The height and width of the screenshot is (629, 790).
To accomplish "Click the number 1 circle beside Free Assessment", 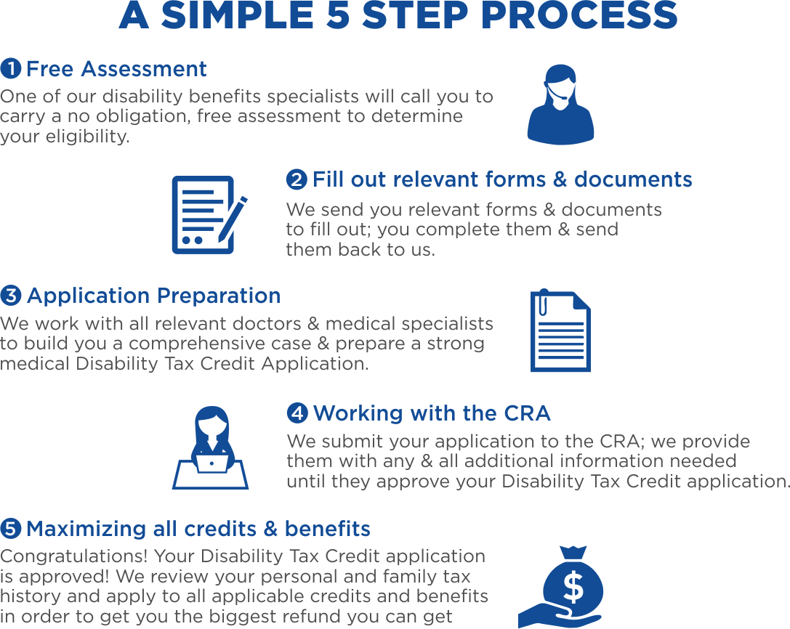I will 11,69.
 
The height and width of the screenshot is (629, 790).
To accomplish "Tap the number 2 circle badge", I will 297,179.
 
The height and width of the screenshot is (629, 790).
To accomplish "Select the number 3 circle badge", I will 11,296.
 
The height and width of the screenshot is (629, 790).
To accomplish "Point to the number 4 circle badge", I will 297,413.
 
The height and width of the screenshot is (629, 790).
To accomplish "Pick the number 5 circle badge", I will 11,528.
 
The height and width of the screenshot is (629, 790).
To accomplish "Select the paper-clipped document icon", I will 560,331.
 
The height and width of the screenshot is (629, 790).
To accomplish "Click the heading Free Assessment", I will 116,69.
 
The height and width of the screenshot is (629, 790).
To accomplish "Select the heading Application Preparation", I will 153,296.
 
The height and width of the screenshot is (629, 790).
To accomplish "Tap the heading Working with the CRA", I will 432,413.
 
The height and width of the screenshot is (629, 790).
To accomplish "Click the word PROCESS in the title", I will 579,16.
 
